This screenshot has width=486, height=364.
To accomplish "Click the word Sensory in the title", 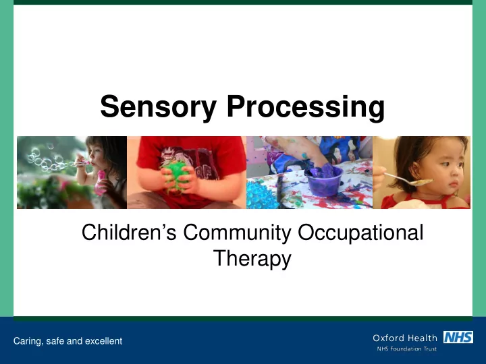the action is point(158,107).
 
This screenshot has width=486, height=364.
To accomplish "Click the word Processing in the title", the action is point(306,107).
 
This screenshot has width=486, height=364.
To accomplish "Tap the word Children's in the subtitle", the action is point(129,232).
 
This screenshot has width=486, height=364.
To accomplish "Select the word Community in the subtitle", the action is point(237,233).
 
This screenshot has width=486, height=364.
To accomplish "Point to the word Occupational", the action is point(360,233).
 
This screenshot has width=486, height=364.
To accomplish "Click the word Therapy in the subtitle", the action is point(252,259).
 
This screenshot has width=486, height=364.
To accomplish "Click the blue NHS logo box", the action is point(458,337).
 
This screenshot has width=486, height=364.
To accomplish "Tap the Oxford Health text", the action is point(405,338).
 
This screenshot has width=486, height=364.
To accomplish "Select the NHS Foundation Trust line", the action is point(406,349).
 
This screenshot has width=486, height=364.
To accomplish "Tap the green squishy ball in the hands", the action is point(175,176).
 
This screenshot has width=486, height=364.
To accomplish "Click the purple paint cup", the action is point(323,181).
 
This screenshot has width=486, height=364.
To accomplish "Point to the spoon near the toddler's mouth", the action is point(408,180).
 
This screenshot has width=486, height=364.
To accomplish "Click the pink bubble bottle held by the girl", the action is point(101,182).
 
